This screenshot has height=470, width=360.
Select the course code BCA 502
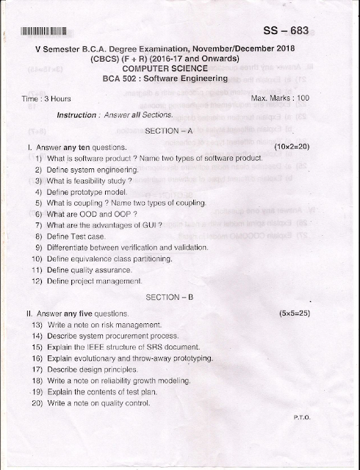point(122,79)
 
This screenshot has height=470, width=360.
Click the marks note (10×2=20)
point(292,148)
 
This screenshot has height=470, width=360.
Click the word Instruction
point(77,115)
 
